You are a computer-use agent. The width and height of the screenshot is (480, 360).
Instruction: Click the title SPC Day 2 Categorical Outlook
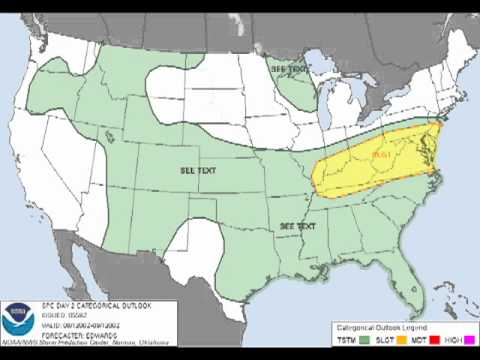[75, 303]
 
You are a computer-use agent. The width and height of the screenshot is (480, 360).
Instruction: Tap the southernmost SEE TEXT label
[299, 227]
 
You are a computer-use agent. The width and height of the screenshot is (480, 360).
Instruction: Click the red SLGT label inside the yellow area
[379, 155]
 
